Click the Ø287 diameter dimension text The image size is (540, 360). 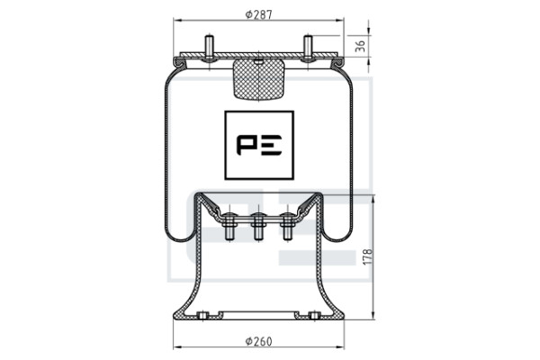(258, 14)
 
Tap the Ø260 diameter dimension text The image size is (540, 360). (258, 341)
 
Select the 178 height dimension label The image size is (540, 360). (368, 256)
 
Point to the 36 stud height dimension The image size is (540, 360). (360, 46)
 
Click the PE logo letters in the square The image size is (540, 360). (259, 145)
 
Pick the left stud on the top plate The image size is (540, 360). (209, 49)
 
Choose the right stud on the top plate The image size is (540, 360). (308, 49)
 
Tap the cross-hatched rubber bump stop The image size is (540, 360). (258, 79)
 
